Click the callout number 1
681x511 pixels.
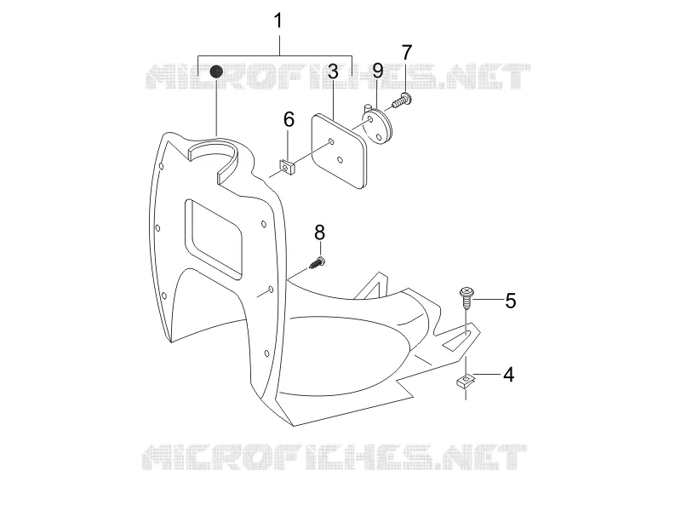click(278, 20)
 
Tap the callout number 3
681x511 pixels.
click(333, 72)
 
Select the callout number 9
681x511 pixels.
click(378, 71)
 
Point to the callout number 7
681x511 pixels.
click(406, 53)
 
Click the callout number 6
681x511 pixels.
click(289, 119)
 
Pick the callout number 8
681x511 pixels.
click(320, 233)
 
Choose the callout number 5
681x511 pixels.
click(510, 301)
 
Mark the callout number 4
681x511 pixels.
click(508, 375)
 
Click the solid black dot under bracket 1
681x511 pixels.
click(216, 72)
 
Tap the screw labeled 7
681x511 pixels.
click(402, 100)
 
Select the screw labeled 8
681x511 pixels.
click(318, 263)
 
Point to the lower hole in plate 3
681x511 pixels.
click(340, 160)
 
